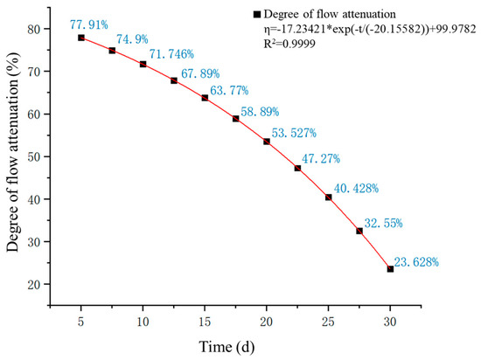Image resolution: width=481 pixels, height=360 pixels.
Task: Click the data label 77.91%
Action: click(89, 24)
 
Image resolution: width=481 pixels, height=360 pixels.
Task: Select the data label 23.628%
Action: click(416, 262)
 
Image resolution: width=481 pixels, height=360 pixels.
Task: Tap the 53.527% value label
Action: click(294, 133)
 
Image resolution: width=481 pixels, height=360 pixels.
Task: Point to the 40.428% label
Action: click(356, 188)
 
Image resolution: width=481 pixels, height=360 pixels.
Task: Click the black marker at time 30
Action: click(390, 269)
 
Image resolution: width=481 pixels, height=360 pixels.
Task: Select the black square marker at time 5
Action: click(81, 38)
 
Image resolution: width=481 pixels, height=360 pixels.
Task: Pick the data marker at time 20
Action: click(267, 142)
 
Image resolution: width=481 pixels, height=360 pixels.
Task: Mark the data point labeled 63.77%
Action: click(205, 98)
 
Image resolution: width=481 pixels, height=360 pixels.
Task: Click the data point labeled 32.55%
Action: click(359, 231)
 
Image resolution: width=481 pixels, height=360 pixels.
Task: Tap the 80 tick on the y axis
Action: click(35, 30)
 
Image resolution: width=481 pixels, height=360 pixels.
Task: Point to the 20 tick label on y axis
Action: click(35, 285)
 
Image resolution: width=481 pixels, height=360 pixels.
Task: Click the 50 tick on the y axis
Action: click(35, 157)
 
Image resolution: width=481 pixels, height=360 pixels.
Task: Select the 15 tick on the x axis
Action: click(205, 322)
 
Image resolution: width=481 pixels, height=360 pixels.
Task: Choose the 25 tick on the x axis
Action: click(328, 322)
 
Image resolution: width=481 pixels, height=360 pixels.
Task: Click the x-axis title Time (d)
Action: click(227, 347)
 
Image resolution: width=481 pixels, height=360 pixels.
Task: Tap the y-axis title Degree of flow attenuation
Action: click(13, 152)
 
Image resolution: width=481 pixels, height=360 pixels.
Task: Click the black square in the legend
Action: click(257, 14)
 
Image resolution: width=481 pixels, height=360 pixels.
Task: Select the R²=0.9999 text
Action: click(289, 44)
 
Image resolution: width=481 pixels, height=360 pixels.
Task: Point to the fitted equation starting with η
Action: click(370, 29)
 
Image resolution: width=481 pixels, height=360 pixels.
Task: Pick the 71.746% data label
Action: click(171, 54)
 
